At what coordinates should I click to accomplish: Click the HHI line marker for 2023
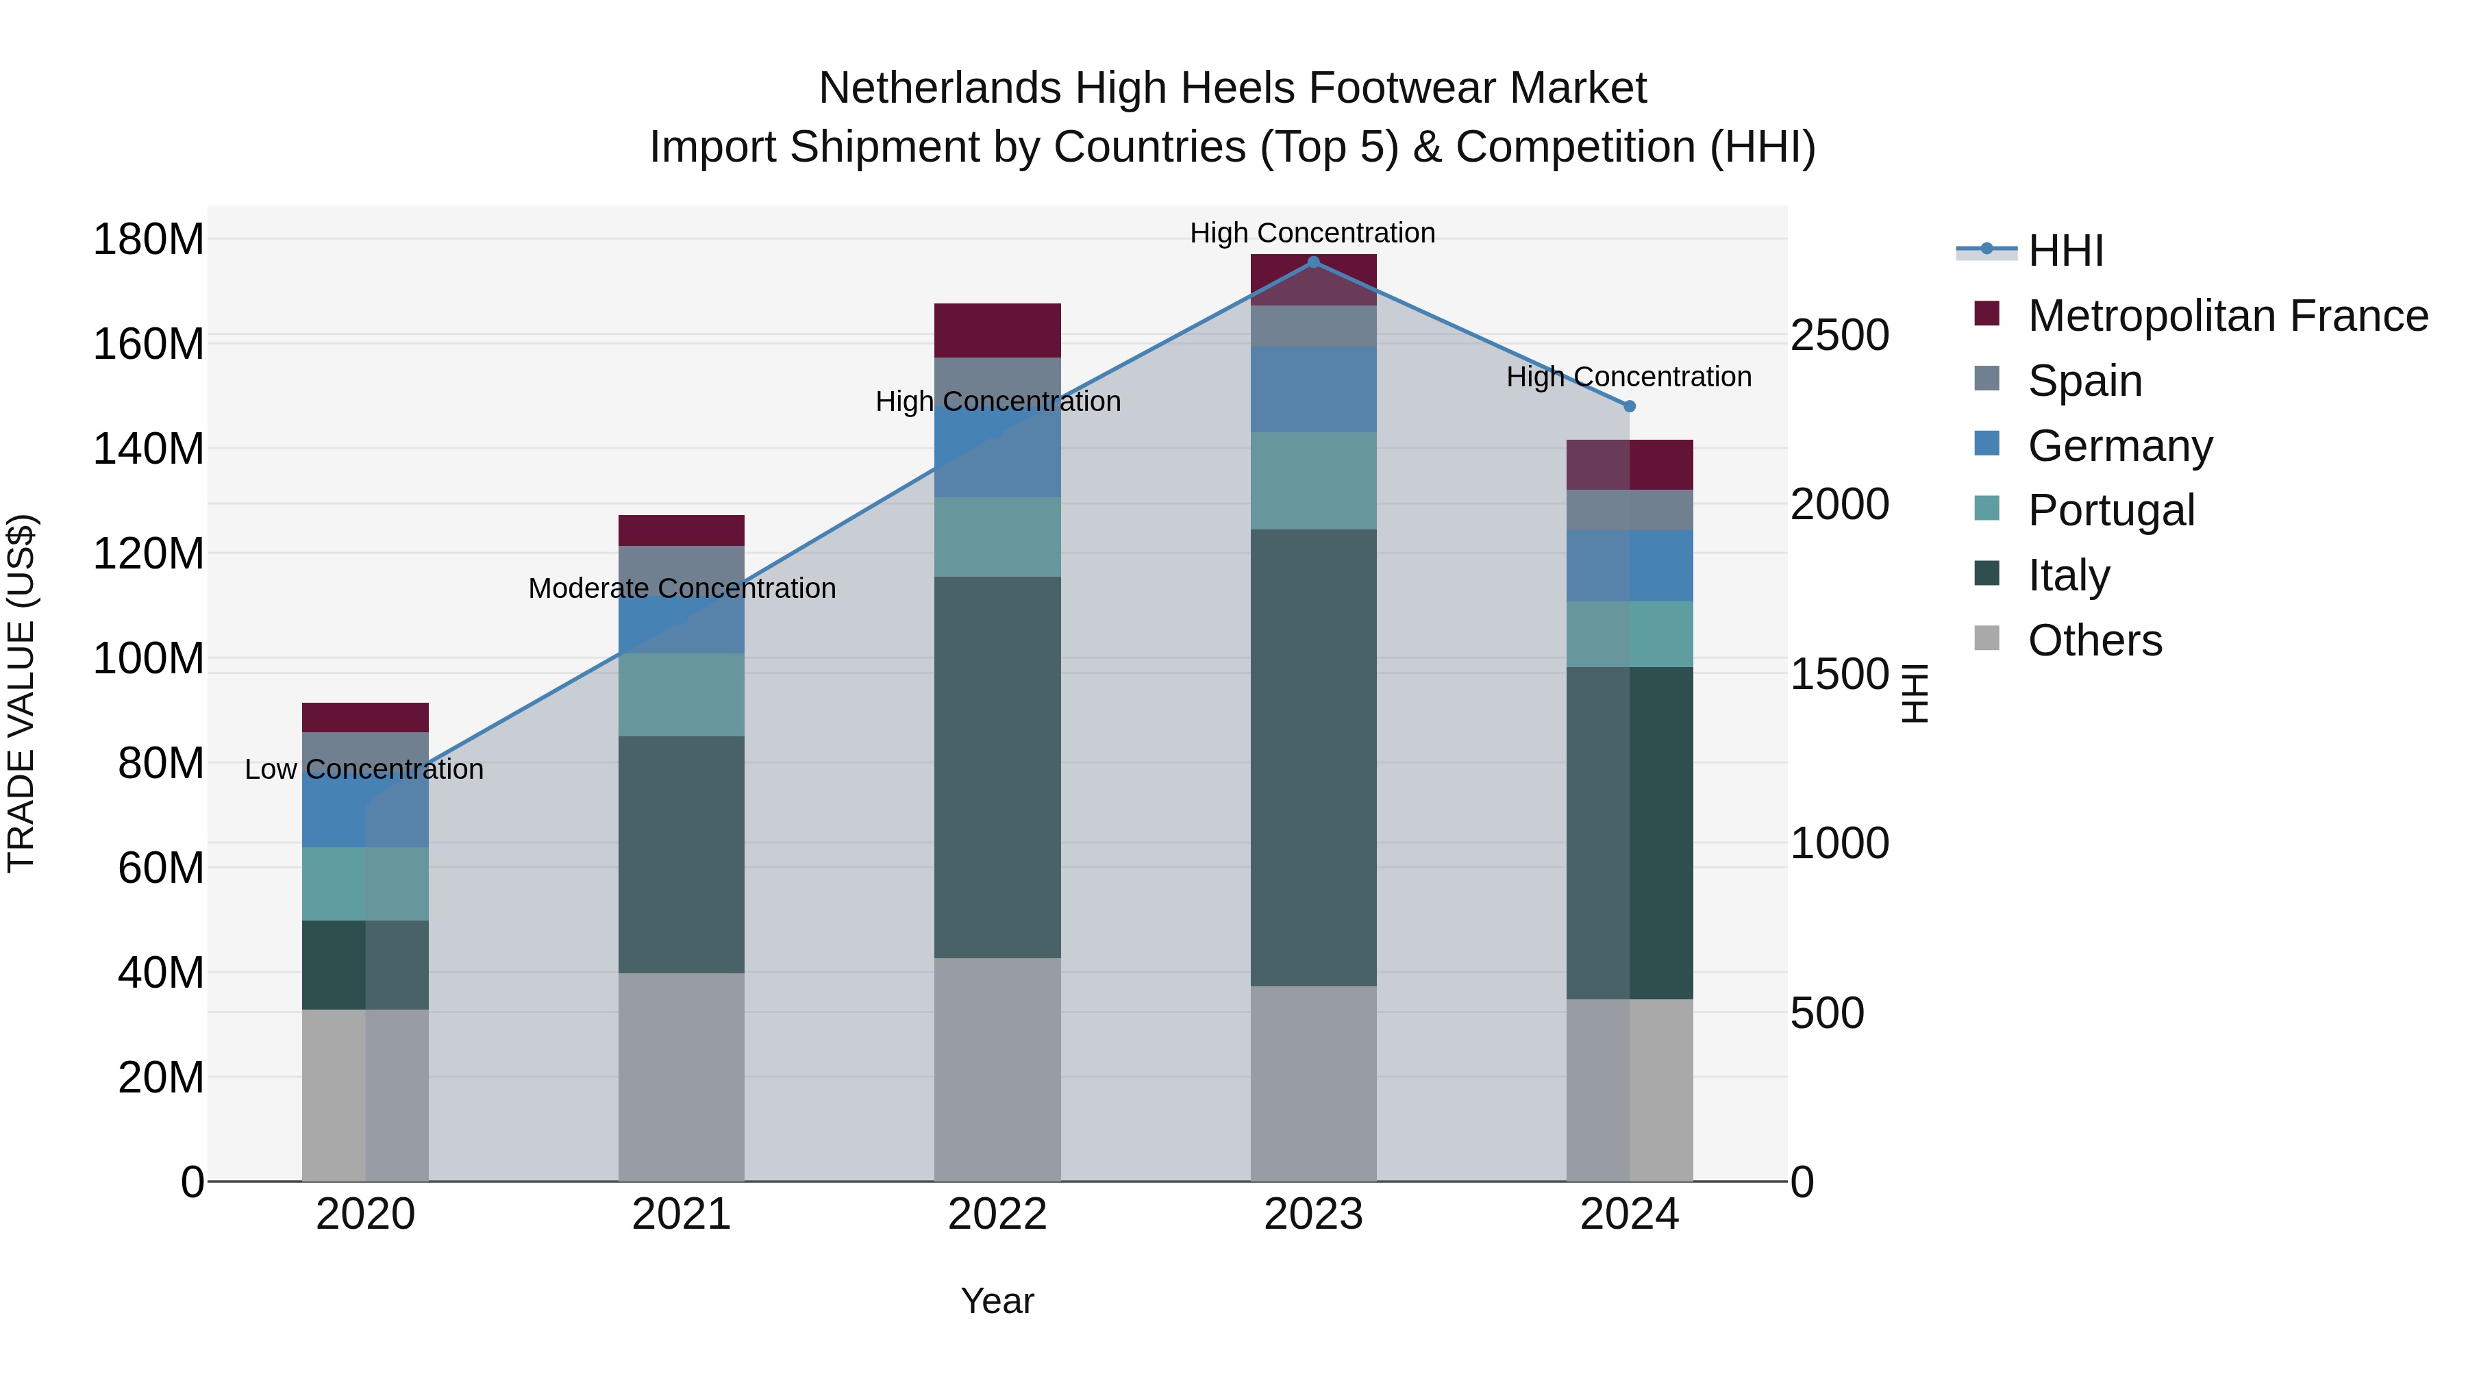point(1313,262)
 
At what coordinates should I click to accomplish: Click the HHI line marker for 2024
point(1630,406)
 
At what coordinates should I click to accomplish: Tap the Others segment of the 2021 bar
point(681,1077)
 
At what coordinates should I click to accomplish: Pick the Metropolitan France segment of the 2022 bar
point(997,330)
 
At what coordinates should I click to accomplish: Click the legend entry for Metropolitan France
point(2228,316)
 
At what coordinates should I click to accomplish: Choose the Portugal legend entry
point(2111,510)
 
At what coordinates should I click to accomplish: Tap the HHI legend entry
point(2065,251)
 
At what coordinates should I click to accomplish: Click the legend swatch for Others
point(1987,638)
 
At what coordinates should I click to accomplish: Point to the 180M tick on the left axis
point(149,239)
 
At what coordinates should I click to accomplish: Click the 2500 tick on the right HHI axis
point(1839,336)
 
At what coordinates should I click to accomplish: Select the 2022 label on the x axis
point(997,1214)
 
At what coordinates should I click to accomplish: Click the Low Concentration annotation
point(364,770)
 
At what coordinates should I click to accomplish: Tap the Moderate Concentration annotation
point(682,588)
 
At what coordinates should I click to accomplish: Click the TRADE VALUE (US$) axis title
point(22,693)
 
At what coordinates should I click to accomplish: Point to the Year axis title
point(997,1301)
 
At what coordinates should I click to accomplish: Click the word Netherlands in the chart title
point(939,89)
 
